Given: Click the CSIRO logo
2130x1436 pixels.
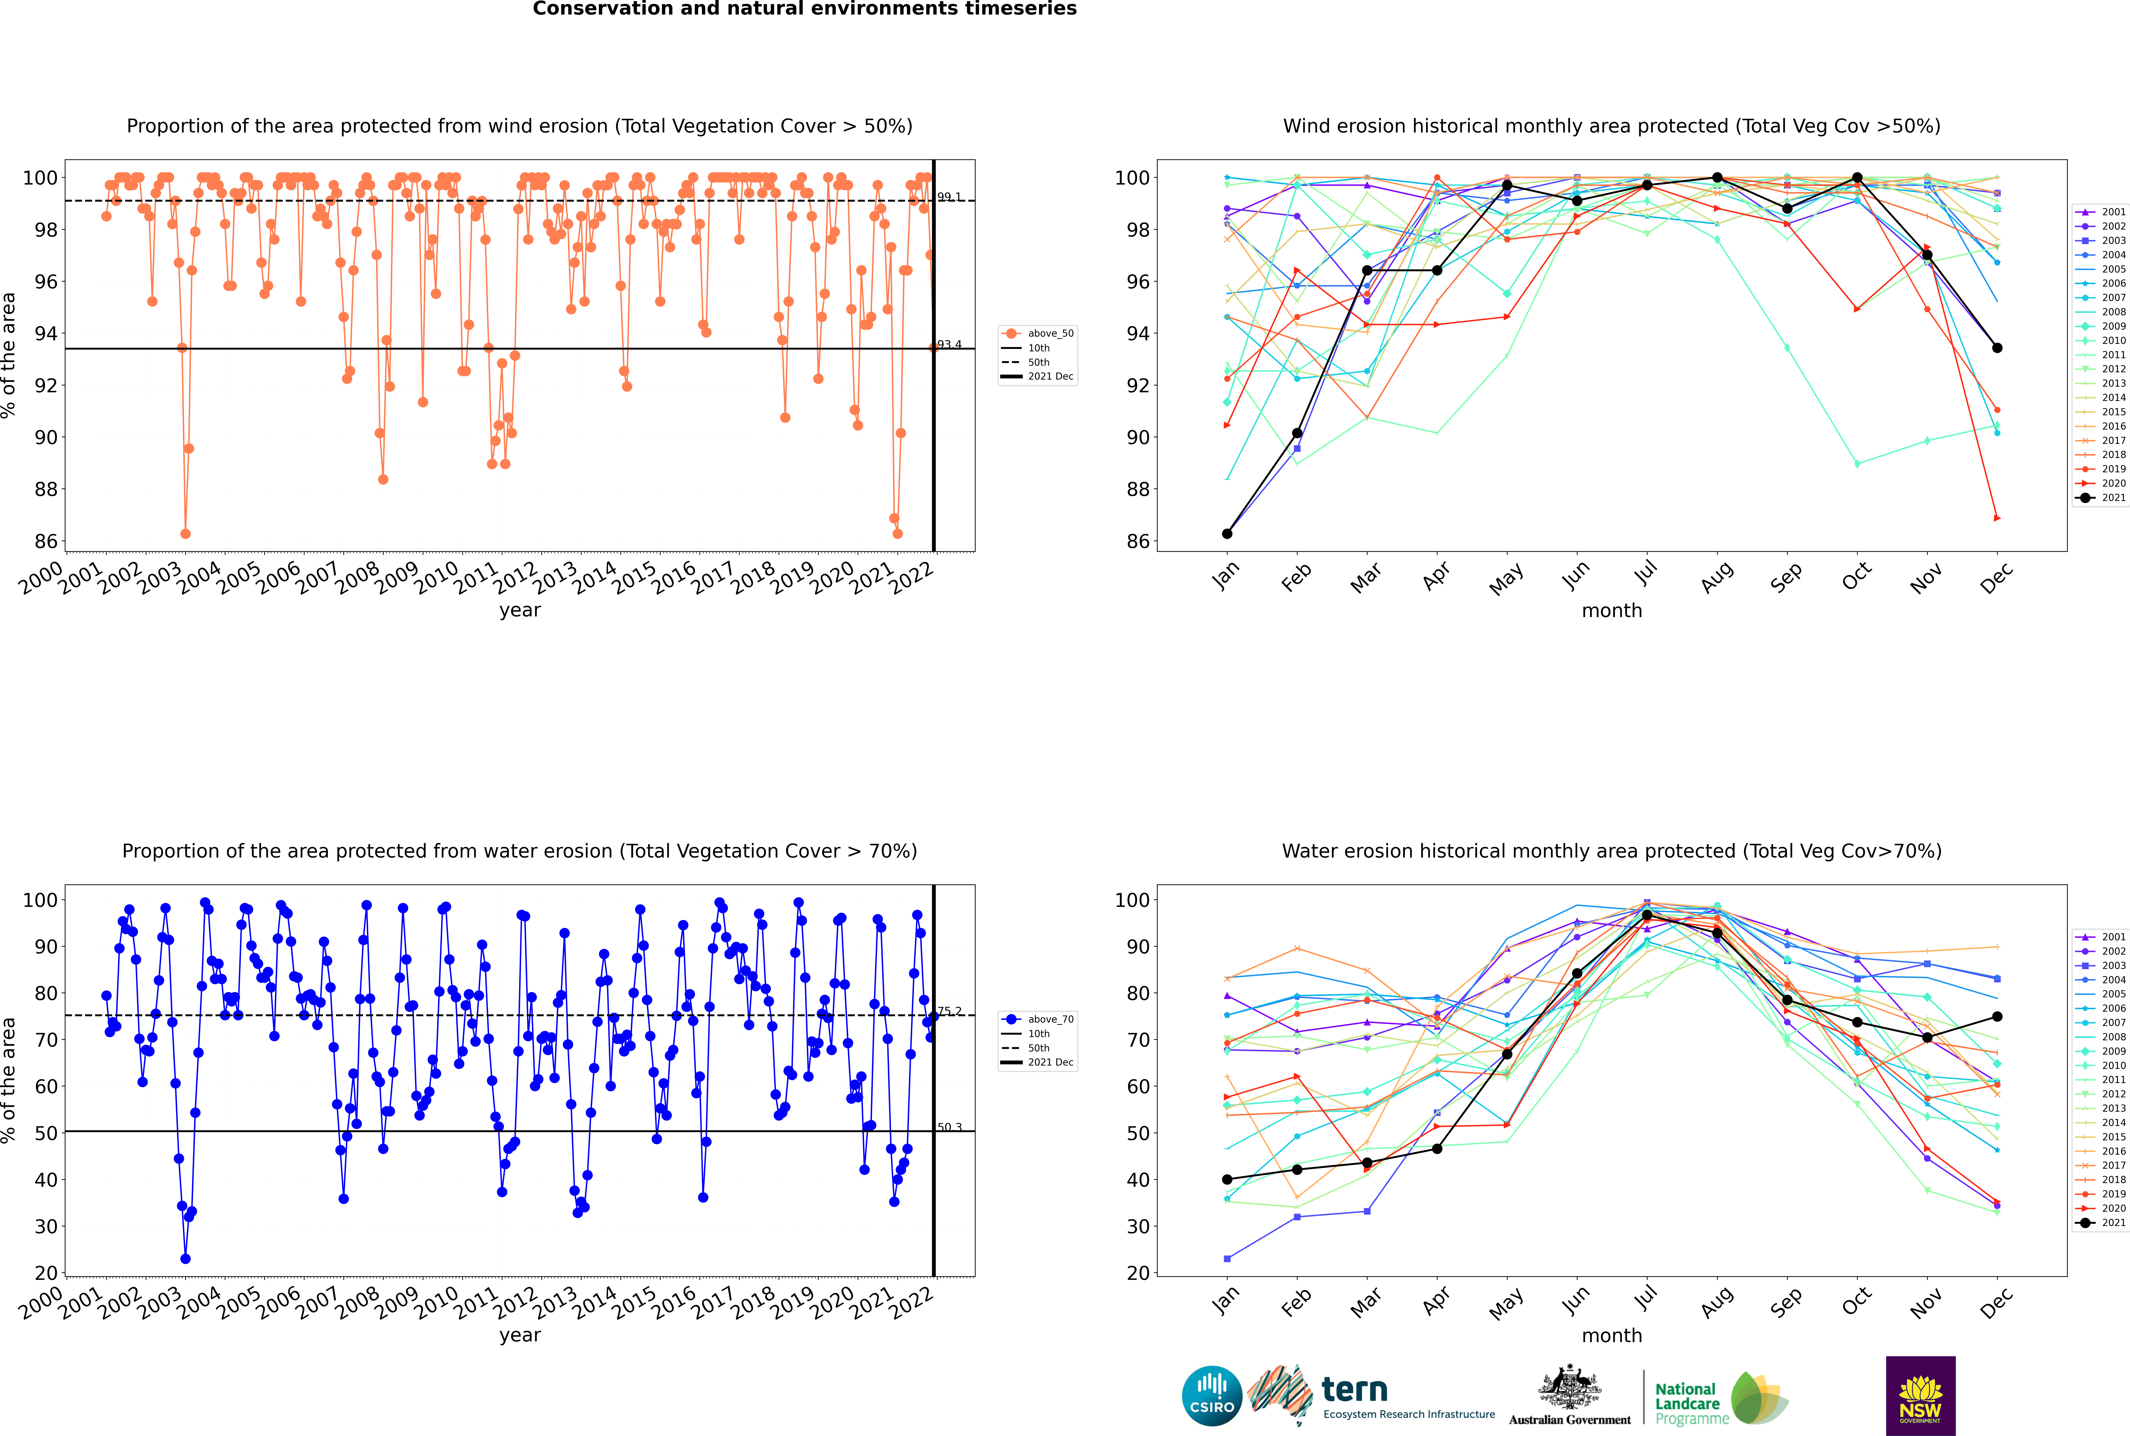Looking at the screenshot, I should point(1211,1397).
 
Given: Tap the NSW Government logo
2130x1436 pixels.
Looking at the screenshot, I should point(1920,1395).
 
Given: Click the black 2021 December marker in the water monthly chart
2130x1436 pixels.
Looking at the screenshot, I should point(1997,1017).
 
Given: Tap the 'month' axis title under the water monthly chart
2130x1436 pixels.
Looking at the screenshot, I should point(1612,1335).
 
